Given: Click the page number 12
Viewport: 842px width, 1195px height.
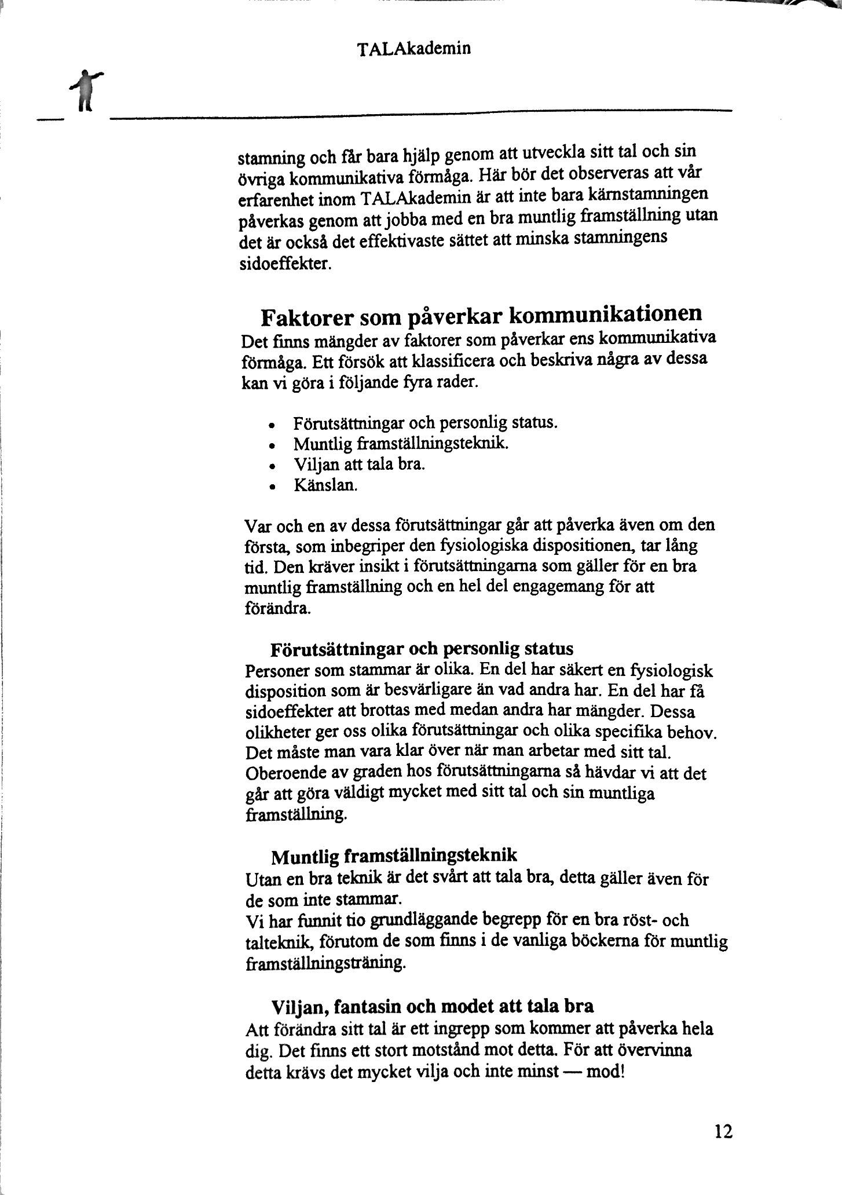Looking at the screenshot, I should click(723, 1131).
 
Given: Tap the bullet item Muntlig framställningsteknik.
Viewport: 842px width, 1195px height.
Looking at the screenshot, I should click(401, 444).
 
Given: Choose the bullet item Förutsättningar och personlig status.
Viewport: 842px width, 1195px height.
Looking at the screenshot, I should click(426, 422).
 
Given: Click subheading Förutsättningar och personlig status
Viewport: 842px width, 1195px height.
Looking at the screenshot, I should click(422, 647).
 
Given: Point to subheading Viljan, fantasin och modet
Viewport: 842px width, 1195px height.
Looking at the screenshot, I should click(433, 1006).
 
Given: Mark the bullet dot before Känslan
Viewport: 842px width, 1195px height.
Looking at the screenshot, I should click(271, 487).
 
